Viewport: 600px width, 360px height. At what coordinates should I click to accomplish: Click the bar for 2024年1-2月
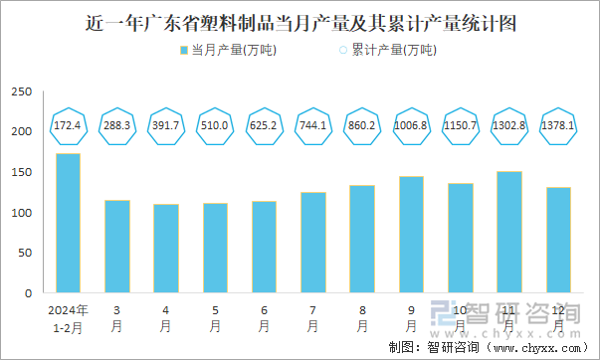[x=68, y=224]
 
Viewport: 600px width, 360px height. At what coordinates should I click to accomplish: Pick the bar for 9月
[x=410, y=235]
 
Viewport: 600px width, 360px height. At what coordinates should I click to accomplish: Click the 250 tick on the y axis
[x=21, y=91]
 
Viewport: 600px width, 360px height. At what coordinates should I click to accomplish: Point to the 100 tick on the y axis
[x=21, y=213]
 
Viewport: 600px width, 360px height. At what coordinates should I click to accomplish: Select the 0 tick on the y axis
[x=27, y=294]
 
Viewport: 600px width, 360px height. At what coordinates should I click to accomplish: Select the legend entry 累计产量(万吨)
[x=384, y=50]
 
